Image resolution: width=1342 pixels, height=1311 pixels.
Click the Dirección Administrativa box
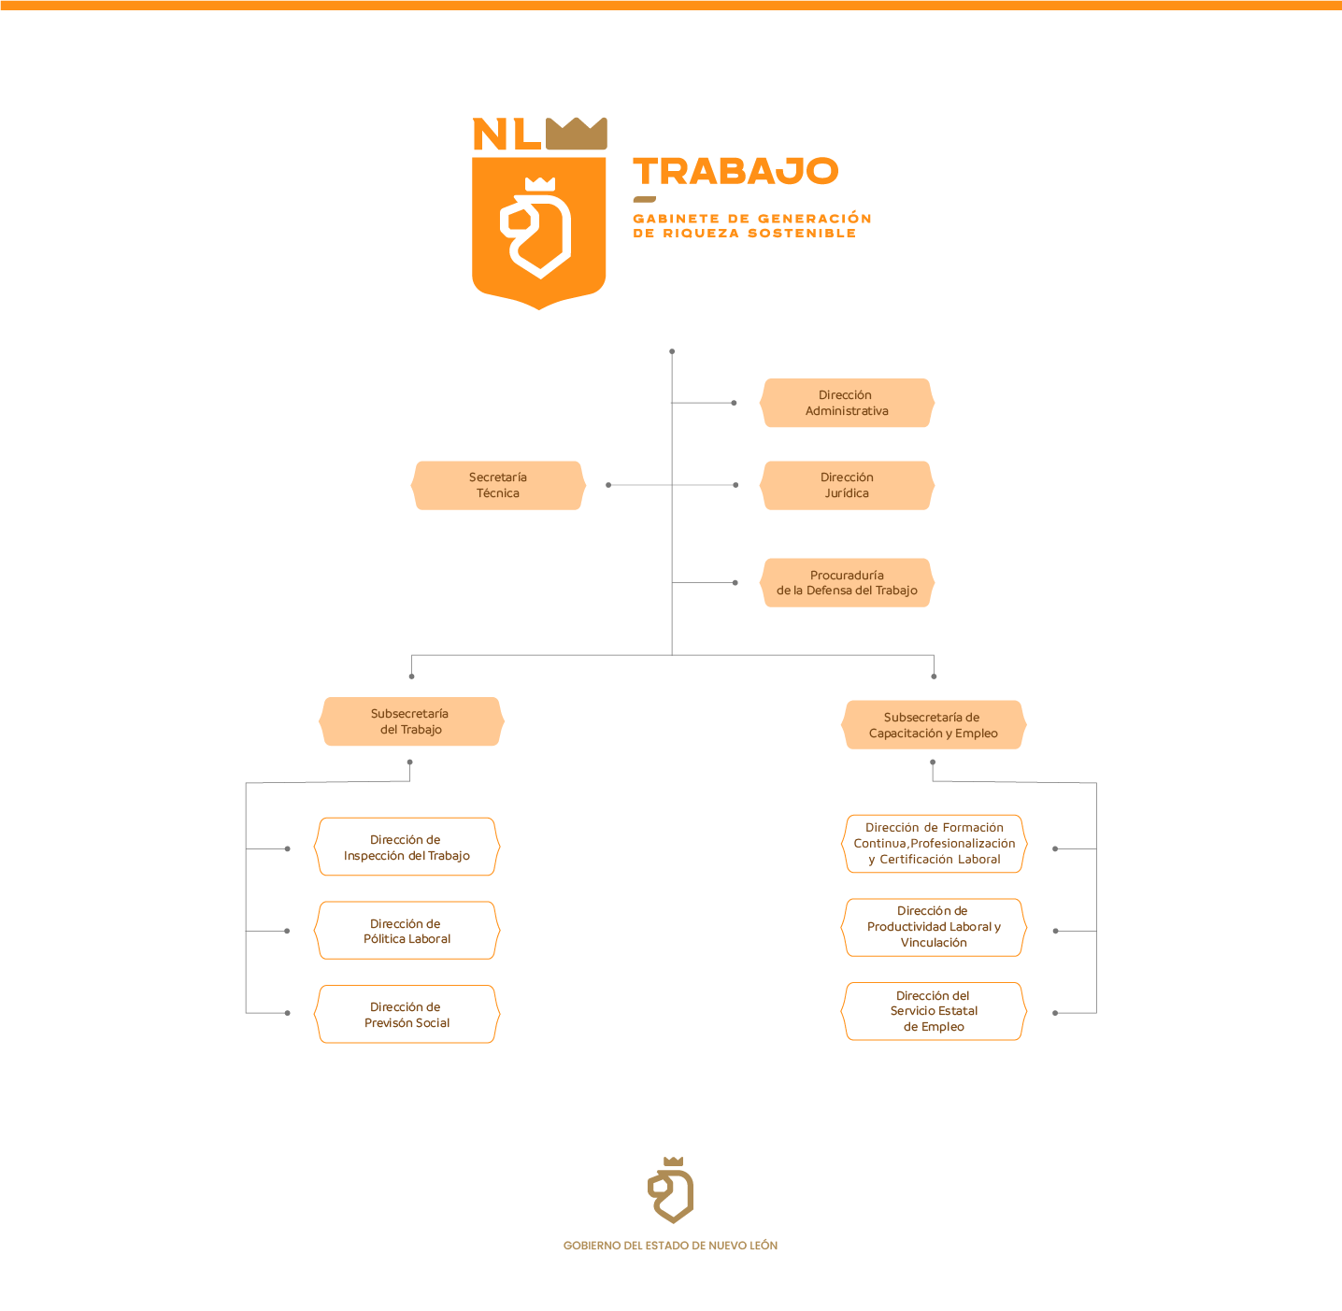(847, 403)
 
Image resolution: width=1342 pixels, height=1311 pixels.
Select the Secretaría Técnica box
(498, 485)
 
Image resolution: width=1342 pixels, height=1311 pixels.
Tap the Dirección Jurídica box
(847, 485)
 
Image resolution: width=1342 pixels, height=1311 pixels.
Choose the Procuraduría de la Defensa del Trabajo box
(847, 583)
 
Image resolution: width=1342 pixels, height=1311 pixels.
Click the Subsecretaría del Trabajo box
(411, 721)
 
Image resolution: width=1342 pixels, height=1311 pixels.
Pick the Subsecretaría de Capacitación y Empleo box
(934, 725)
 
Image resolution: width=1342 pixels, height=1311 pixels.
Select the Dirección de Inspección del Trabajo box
(407, 848)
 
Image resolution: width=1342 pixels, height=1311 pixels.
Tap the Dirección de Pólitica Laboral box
(407, 931)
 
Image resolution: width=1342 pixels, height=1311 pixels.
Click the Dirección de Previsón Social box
(407, 1015)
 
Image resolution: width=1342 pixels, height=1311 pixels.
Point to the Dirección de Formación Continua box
(934, 844)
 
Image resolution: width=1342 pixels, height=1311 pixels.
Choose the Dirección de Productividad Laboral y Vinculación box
(934, 927)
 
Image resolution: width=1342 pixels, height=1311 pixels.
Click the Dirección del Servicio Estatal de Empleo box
(934, 1011)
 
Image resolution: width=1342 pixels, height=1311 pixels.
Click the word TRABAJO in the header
(736, 171)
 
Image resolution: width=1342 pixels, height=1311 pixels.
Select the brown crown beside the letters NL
(577, 134)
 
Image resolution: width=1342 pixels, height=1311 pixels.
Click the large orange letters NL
(507, 135)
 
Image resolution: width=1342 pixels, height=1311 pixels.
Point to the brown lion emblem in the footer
(671, 1190)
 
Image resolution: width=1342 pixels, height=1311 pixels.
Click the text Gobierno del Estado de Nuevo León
(670, 1246)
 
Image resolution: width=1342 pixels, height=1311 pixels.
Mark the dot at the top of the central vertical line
(672, 351)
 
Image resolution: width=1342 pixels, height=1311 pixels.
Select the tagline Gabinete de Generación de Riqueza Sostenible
(751, 225)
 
